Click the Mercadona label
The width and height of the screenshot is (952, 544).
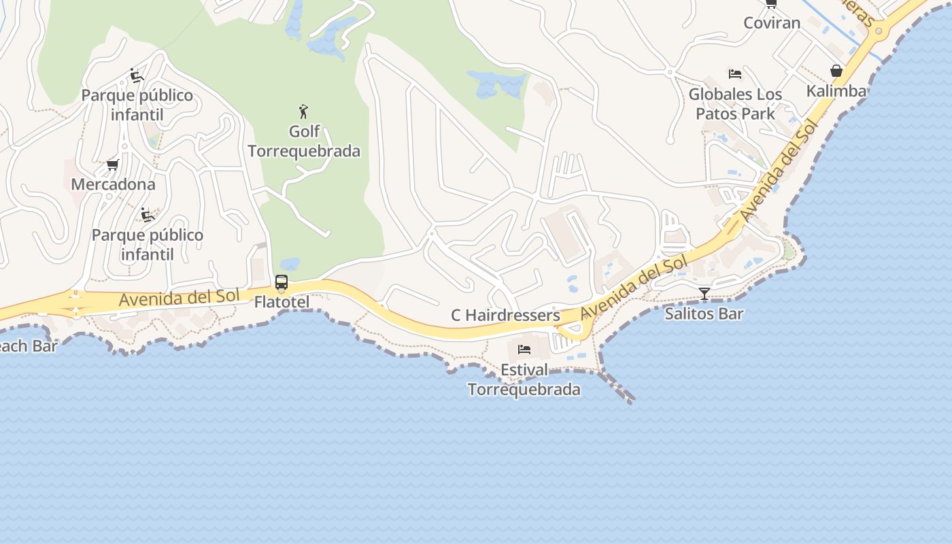[113, 184]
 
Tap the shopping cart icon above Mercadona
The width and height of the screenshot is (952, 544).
[113, 165]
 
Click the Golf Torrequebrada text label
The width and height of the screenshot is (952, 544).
[303, 141]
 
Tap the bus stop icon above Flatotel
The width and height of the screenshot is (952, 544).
[282, 282]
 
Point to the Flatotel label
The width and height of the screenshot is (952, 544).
[282, 302]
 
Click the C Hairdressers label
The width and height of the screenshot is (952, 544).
[505, 316]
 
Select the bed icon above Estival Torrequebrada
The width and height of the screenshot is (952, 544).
[524, 350]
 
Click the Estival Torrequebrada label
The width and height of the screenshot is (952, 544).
[524, 379]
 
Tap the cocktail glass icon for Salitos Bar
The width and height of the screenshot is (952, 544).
[704, 294]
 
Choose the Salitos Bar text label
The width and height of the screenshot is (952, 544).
[704, 313]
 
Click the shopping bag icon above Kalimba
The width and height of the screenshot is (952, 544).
[836, 71]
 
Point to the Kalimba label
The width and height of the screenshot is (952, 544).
[836, 91]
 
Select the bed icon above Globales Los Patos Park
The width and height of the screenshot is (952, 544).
[735, 73]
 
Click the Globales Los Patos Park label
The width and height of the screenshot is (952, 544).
[735, 103]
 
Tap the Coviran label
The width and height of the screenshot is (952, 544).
[771, 22]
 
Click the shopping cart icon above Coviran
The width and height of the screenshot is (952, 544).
[771, 3]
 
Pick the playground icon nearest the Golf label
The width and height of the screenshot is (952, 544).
[137, 75]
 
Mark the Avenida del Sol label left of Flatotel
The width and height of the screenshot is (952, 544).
[180, 297]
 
